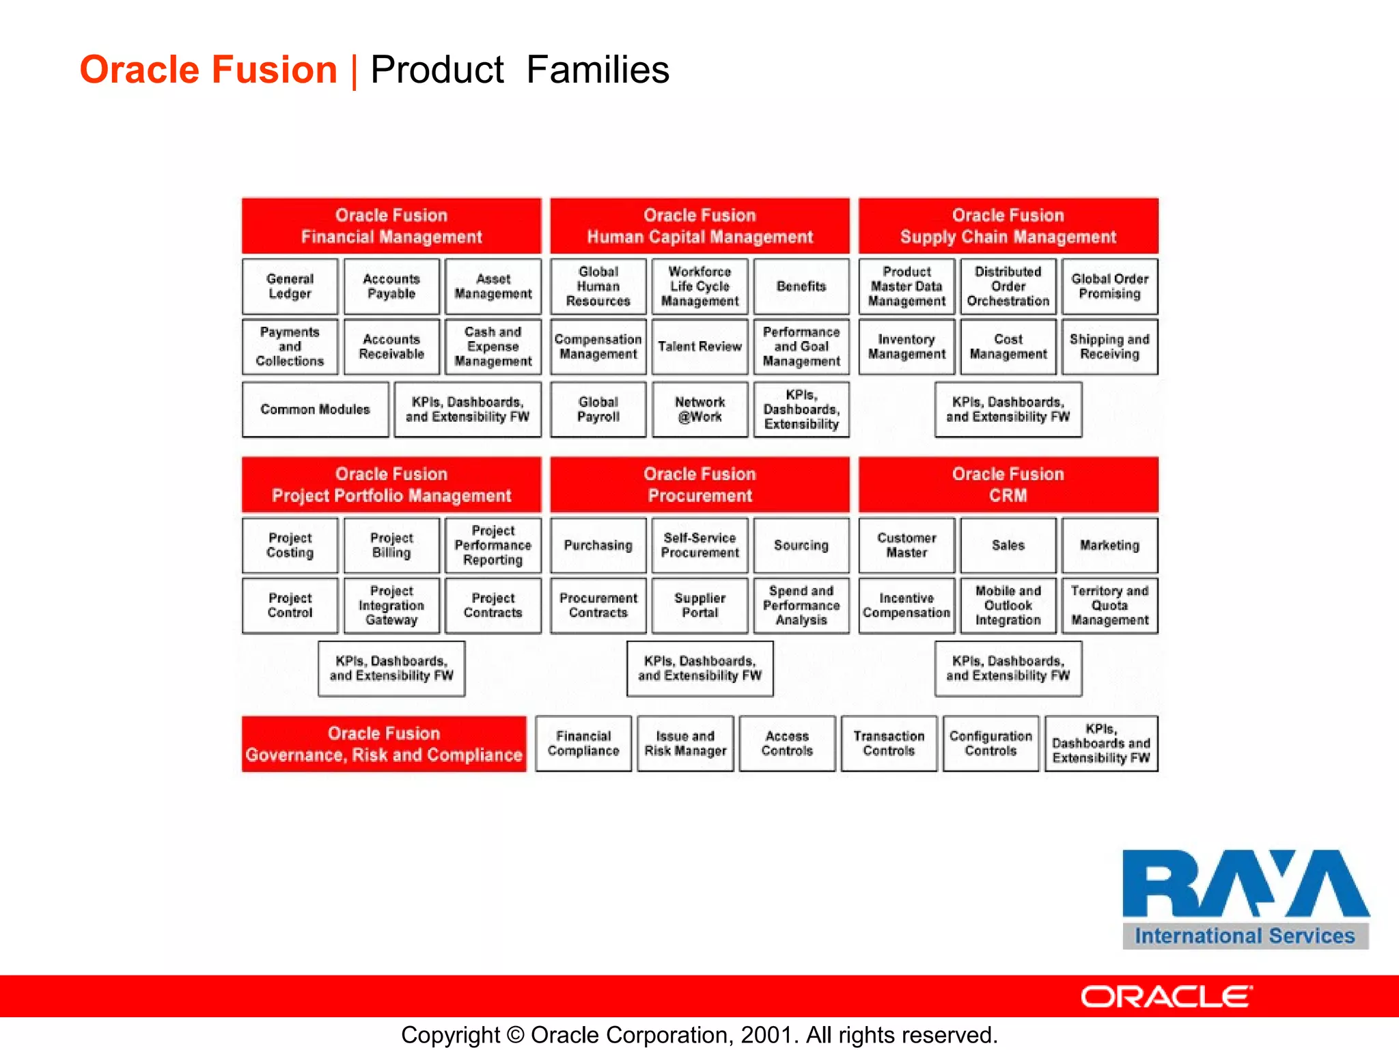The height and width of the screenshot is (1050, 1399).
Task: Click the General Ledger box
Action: point(290,286)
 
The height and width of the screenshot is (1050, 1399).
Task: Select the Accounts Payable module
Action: point(391,286)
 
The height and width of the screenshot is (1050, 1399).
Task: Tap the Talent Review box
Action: point(699,347)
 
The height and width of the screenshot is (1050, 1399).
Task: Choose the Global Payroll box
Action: point(598,409)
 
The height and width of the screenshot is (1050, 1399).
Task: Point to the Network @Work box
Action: point(699,409)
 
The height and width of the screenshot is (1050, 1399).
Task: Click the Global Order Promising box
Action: point(1109,286)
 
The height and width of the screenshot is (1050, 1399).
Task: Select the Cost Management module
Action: point(1008,347)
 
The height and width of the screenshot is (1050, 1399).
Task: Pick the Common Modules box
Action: point(315,409)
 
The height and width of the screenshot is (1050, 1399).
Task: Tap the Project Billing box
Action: point(391,546)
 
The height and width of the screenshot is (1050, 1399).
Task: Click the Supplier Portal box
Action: point(699,606)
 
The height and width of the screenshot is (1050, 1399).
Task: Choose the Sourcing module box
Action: point(801,546)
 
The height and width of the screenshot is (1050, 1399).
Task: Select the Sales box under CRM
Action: point(1008,546)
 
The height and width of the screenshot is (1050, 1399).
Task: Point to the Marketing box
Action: point(1109,546)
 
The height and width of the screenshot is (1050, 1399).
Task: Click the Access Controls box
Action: point(787,744)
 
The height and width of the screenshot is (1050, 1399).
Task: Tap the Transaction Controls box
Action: point(889,744)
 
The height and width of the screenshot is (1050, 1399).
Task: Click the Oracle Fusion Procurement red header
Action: point(699,485)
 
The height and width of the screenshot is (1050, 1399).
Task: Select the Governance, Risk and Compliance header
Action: point(384,744)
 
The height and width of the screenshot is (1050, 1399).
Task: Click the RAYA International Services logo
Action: point(1245,898)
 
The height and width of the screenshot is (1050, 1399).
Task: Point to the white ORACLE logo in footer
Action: point(1166,997)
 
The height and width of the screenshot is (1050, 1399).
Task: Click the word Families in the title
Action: point(598,70)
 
